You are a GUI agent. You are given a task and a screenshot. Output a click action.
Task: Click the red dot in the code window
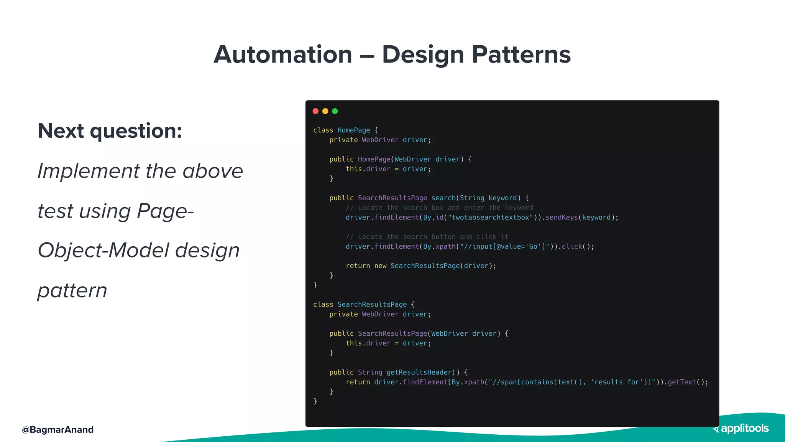(x=315, y=111)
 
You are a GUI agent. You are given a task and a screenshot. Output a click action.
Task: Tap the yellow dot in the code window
(x=325, y=111)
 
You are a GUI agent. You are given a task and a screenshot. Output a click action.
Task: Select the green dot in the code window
(x=335, y=111)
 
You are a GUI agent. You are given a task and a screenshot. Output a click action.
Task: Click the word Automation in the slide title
(x=283, y=54)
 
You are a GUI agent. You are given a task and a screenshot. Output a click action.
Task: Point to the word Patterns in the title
(x=521, y=54)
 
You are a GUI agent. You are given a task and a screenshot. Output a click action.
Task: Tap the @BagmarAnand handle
(x=58, y=430)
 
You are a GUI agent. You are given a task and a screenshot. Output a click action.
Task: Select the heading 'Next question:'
(x=110, y=131)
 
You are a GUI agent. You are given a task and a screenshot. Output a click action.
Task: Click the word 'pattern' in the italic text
(x=72, y=290)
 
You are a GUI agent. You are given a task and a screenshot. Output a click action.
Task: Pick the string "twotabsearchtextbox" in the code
(x=490, y=218)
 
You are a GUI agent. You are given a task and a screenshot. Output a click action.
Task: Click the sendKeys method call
(x=562, y=218)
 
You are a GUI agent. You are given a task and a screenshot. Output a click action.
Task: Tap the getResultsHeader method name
(x=419, y=372)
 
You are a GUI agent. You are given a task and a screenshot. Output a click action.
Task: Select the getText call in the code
(x=682, y=382)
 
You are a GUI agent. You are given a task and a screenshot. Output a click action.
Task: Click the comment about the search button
(x=427, y=237)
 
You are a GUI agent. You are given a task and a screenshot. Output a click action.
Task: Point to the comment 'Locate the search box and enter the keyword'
(x=439, y=208)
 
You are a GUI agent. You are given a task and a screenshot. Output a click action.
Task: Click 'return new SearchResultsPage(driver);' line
(x=421, y=266)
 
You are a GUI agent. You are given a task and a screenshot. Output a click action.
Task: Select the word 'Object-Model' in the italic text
(x=103, y=251)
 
